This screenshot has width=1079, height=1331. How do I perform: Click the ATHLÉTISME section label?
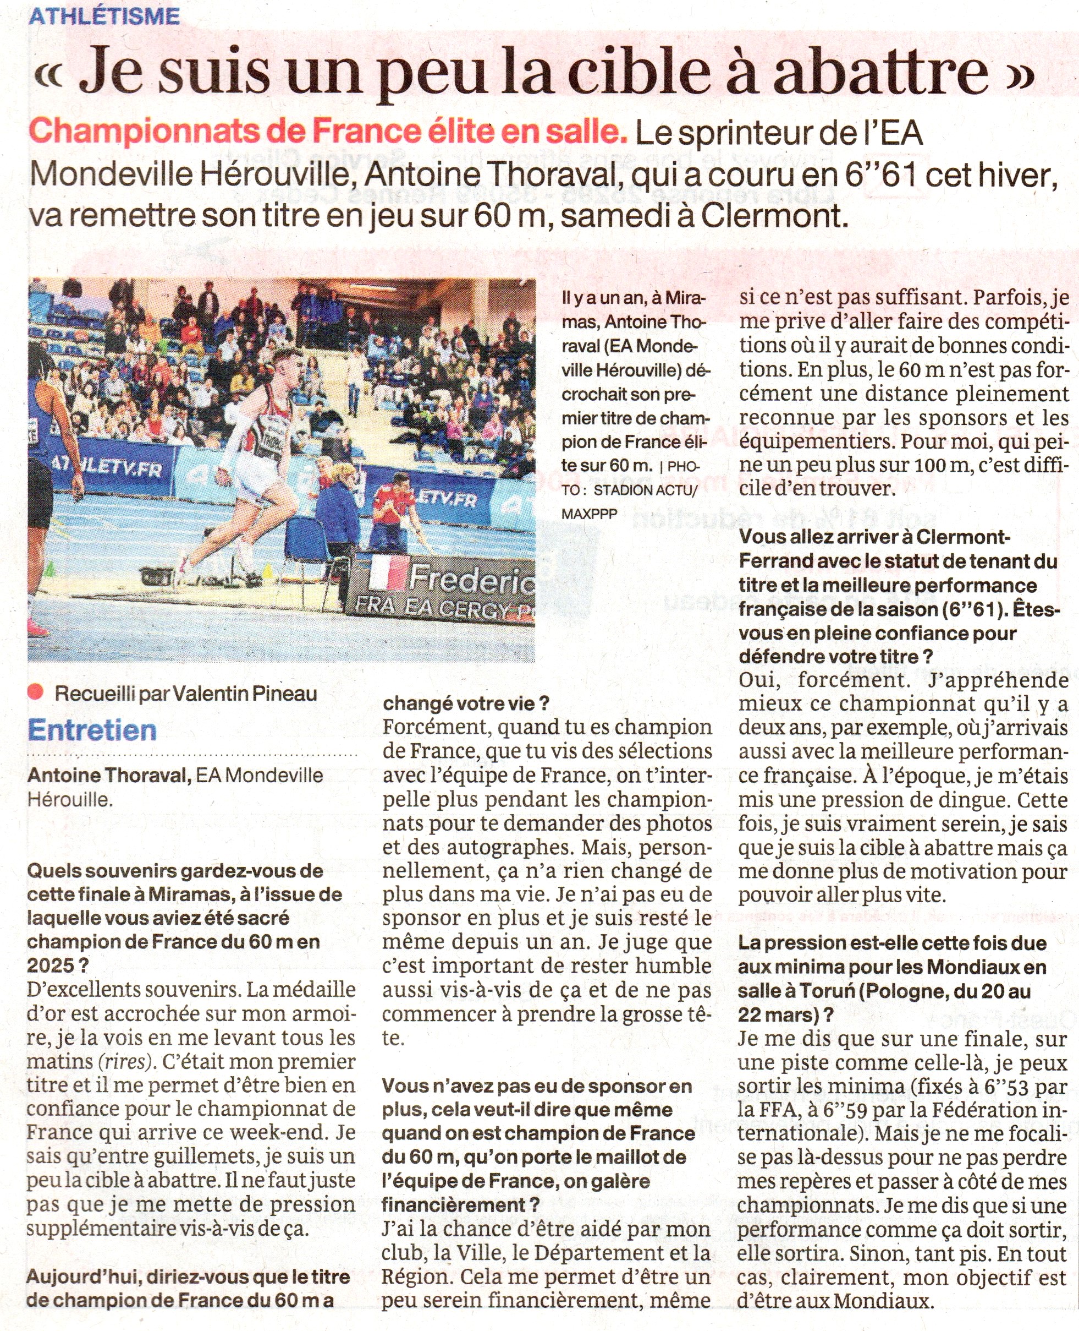104,15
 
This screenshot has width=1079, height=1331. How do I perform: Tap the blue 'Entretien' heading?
92,729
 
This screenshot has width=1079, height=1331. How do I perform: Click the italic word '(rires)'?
125,1062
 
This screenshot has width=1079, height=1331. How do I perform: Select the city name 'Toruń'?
826,991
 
